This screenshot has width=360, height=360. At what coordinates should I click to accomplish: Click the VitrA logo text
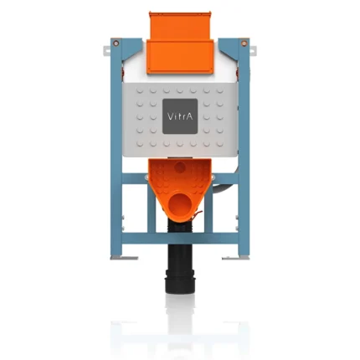coord(180,116)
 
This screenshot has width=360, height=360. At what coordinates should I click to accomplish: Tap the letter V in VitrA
coord(170,116)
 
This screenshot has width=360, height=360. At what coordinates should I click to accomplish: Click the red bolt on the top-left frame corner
coord(116,43)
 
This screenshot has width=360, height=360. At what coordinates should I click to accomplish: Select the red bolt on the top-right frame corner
coord(244,44)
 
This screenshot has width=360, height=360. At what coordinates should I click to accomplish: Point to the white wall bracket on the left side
coord(107,49)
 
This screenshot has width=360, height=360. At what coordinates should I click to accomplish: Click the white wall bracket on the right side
coord(253,50)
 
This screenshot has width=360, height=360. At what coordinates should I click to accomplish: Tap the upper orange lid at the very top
coord(180,25)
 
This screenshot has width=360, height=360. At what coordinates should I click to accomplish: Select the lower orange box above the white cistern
coord(180,57)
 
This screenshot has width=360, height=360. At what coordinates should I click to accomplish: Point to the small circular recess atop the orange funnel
coord(180,167)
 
